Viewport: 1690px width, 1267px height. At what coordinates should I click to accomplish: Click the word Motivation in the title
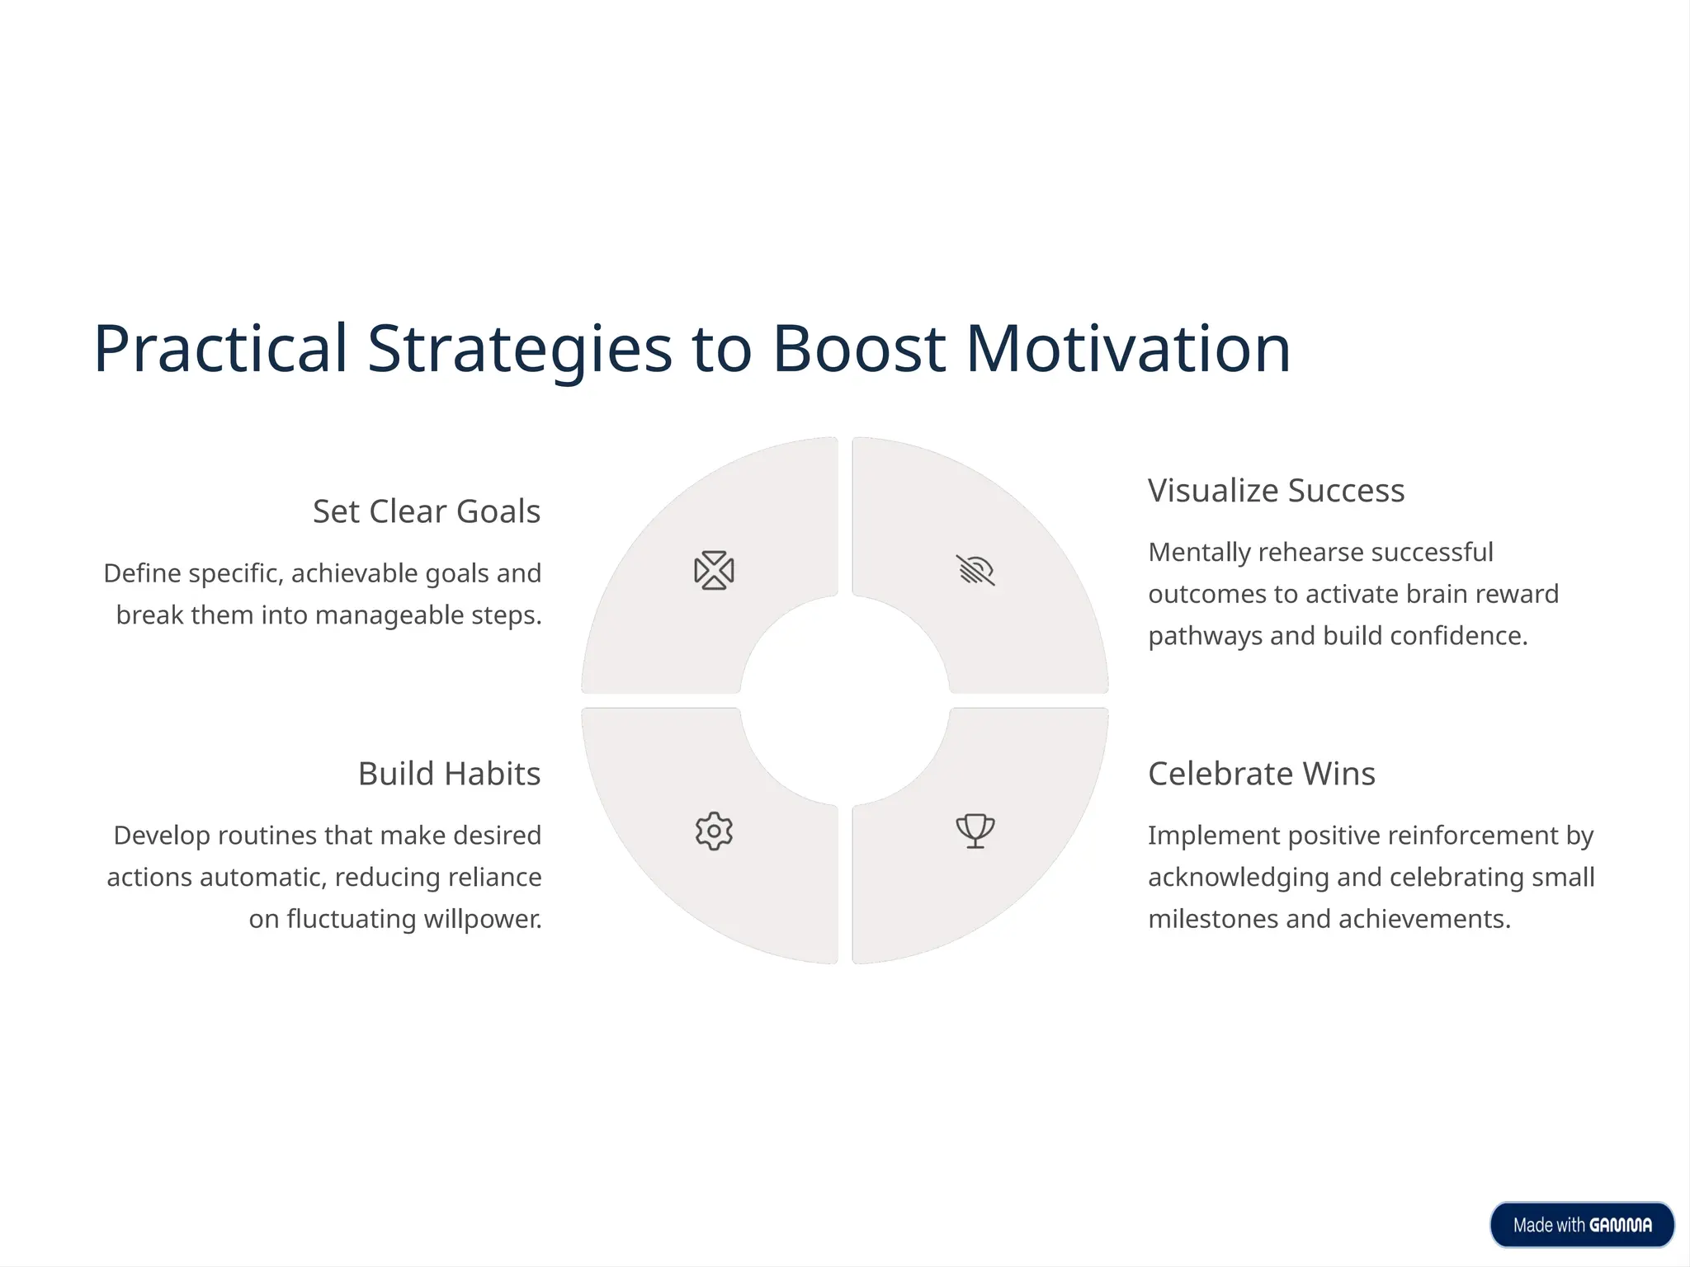coord(1127,349)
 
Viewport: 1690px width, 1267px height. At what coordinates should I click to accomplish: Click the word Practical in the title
coord(220,349)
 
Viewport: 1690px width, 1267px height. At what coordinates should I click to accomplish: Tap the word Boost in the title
coord(858,349)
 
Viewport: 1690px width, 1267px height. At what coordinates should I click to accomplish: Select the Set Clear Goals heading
coord(426,511)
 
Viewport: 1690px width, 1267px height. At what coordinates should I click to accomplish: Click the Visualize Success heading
coord(1276,491)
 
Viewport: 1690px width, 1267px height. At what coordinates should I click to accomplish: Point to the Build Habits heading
coord(449,774)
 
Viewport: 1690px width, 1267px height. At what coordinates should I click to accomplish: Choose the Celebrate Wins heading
coord(1261,774)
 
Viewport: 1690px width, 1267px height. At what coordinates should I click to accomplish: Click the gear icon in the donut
coord(714,831)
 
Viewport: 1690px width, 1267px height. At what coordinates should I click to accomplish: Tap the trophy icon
coord(975,831)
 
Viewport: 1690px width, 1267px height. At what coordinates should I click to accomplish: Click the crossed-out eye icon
coord(975,570)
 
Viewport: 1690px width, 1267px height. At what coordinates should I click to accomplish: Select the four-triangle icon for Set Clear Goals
coord(714,570)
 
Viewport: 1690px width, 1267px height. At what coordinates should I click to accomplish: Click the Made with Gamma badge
coord(1581,1225)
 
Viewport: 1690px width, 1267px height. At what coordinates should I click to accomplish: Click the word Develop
coord(162,836)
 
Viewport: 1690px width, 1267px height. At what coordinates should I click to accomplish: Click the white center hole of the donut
coord(845,700)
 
